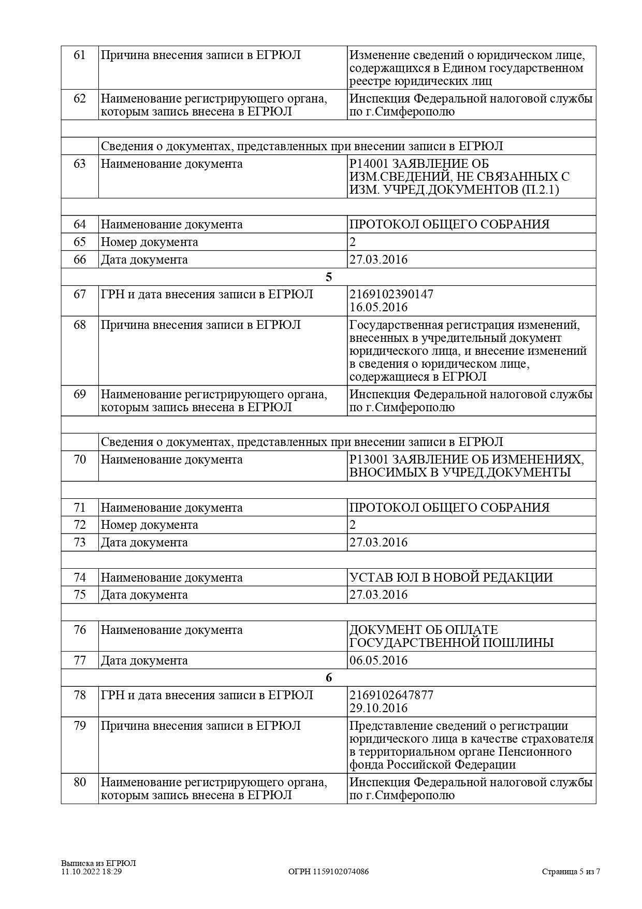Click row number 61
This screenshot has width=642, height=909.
click(80, 55)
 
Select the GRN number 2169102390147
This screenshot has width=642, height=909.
click(391, 294)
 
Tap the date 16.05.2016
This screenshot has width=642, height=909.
click(378, 307)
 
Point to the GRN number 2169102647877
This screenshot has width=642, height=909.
click(391, 695)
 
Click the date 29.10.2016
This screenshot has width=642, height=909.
click(378, 708)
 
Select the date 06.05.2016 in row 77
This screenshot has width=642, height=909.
click(378, 660)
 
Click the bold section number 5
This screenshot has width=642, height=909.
click(329, 277)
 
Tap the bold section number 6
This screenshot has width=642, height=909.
click(329, 678)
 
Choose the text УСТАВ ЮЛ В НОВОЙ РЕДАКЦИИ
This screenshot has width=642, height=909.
click(451, 577)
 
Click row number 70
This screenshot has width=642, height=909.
click(80, 459)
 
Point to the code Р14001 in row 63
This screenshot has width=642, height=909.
click(368, 164)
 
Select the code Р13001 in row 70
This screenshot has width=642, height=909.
click(368, 459)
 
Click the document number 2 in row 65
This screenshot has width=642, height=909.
click(353, 242)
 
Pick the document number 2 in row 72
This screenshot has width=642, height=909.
click(353, 525)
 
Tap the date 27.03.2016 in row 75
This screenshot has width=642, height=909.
click(378, 595)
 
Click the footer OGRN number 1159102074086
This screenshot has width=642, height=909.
click(341, 872)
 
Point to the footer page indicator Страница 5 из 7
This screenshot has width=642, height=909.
click(571, 872)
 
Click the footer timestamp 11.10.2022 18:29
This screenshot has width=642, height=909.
click(91, 872)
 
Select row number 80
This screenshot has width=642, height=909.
click(80, 782)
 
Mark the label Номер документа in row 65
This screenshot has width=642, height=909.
click(149, 242)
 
